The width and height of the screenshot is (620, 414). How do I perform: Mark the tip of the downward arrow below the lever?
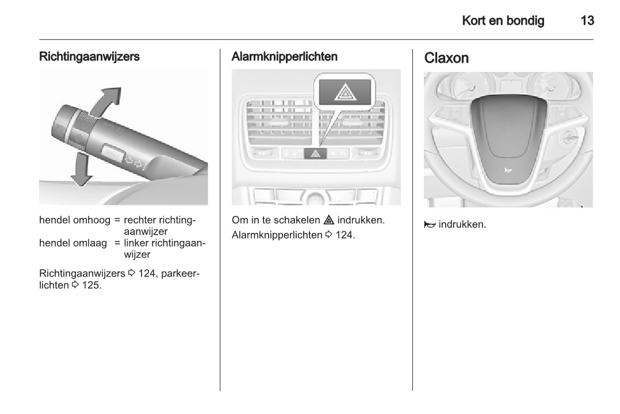[82, 186]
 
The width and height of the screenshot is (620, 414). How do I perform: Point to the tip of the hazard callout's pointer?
[319, 147]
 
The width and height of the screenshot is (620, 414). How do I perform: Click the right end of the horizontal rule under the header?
[594, 40]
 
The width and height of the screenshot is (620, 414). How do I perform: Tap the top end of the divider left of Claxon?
[412, 49]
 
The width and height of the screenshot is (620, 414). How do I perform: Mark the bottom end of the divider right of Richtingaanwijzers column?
[220, 391]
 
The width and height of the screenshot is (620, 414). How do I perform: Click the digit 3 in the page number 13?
[590, 21]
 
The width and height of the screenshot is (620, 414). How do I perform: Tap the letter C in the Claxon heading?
[429, 58]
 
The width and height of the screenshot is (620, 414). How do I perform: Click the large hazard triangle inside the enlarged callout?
[345, 93]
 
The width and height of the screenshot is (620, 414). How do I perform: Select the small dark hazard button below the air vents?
[315, 154]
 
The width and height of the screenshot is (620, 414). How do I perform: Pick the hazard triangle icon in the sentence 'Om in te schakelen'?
[328, 220]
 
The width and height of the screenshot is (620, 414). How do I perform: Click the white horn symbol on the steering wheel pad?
[508, 170]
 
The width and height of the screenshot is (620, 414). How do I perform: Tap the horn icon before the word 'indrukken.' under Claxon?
[430, 225]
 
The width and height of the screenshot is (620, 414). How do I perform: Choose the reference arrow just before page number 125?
[75, 285]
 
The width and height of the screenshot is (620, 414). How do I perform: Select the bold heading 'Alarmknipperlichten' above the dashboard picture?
[284, 56]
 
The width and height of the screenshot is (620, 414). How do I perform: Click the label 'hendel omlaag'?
[73, 243]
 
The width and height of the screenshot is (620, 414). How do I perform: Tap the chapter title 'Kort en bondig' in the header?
[503, 21]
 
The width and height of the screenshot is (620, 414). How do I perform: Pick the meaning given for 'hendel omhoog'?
[160, 225]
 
